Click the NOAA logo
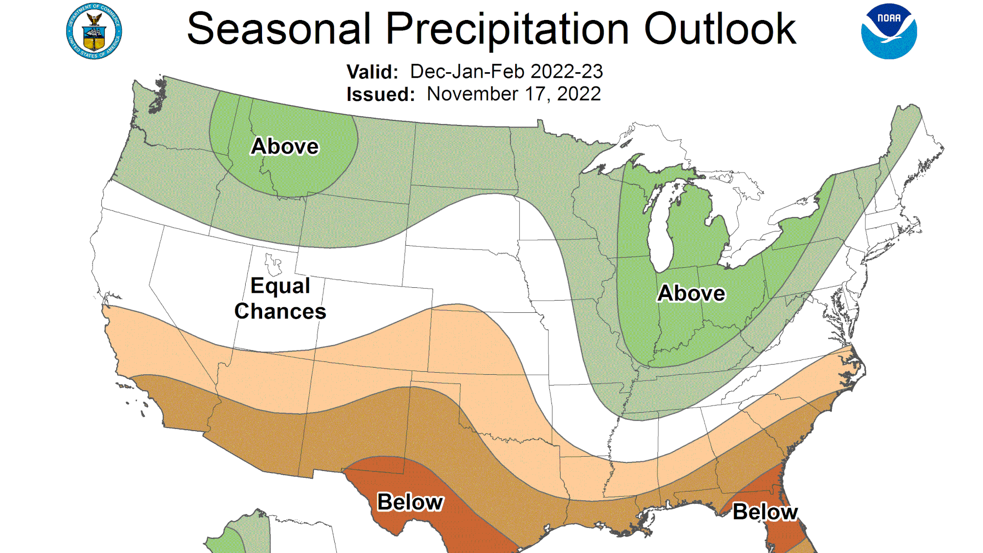(x=889, y=31)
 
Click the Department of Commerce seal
(x=94, y=31)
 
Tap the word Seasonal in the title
(x=279, y=29)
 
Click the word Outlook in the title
(x=719, y=29)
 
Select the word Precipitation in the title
(x=507, y=29)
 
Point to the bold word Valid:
(x=372, y=72)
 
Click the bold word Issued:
(x=380, y=95)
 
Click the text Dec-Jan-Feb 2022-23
(x=506, y=72)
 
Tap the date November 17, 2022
(x=514, y=94)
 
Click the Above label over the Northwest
(x=285, y=146)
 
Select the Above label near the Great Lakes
(x=691, y=293)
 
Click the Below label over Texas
(x=410, y=502)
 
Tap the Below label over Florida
(x=765, y=512)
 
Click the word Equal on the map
(x=280, y=286)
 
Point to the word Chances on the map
(x=280, y=311)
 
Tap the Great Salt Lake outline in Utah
(x=272, y=264)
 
